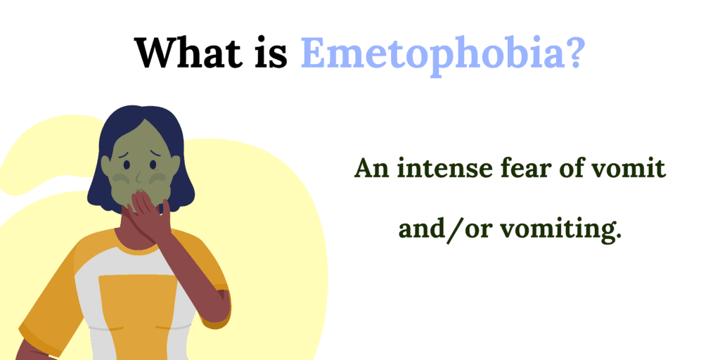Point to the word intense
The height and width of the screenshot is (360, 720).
coord(442,169)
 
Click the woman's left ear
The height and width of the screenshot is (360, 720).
coord(175,165)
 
